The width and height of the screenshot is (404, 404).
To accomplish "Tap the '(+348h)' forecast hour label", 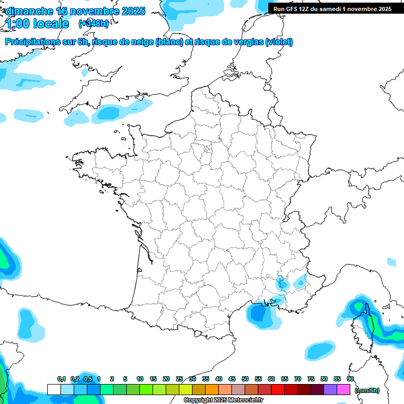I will point(94,24).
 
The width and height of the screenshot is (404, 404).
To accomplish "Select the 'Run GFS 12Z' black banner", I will point(332,8).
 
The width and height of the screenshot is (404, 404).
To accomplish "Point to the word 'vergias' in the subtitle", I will point(248,42).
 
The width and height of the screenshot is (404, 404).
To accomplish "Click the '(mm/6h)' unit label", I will point(367,390).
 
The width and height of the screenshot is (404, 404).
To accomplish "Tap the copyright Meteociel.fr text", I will point(224,400).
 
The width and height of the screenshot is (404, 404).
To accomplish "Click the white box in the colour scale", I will point(54,390).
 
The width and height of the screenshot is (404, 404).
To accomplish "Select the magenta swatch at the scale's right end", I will point(344,390).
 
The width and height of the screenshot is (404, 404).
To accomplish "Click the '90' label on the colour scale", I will point(350,379).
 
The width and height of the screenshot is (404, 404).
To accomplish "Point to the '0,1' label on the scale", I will point(62,379).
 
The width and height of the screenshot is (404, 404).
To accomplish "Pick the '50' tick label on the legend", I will point(245,379).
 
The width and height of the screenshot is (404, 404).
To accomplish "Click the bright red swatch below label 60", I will point(278,390).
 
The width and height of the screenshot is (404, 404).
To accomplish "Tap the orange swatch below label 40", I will point(212,390).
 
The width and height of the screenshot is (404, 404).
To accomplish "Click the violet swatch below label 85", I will point(330,390).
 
